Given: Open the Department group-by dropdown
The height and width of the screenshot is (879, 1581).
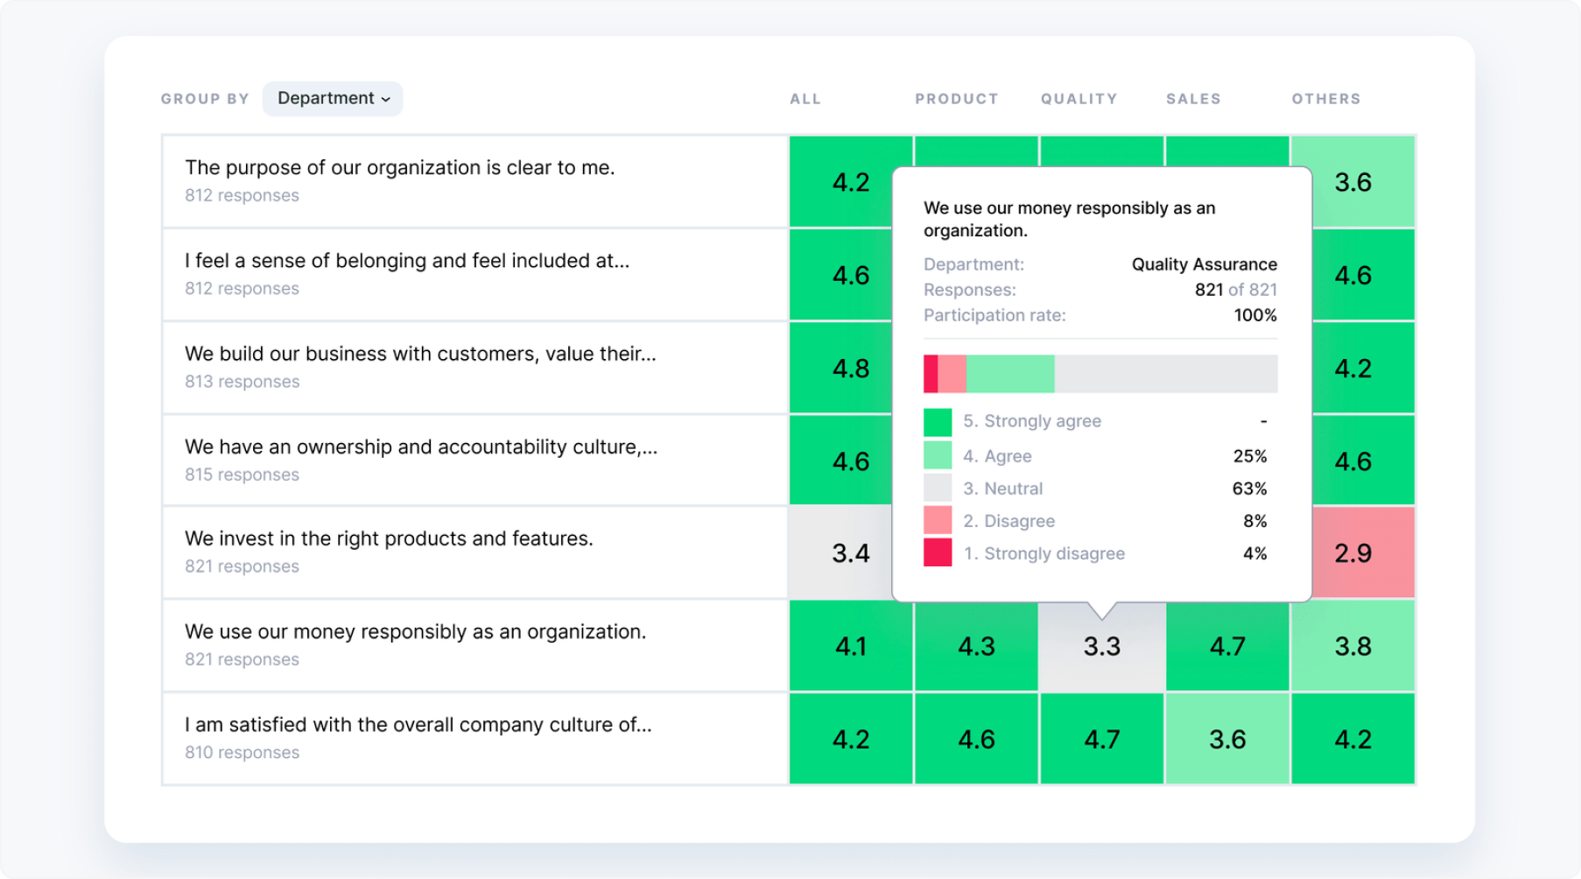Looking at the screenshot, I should [333, 98].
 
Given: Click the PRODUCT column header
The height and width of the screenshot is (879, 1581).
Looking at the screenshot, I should [956, 99].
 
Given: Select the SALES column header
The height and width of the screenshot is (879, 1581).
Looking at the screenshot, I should [1192, 99].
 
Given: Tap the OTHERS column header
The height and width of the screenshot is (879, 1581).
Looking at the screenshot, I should [1325, 99].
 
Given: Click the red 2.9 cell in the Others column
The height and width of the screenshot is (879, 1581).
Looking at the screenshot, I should [1353, 552].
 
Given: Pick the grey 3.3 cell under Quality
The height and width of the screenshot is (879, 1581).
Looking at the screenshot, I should [1101, 646].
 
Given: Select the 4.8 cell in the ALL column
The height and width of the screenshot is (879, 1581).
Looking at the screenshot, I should [850, 368].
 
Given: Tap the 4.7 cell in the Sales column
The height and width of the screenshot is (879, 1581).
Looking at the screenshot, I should [1226, 646].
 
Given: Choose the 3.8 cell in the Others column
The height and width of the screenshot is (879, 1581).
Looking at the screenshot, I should [1353, 646].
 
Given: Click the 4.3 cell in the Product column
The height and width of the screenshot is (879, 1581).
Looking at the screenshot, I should [975, 646].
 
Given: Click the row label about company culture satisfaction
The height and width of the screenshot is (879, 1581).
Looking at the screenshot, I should [418, 725].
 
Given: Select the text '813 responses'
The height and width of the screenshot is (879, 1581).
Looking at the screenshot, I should [242, 382].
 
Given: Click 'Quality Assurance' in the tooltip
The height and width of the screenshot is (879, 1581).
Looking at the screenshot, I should [1204, 264].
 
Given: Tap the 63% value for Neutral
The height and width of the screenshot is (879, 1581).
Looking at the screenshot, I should [1249, 489].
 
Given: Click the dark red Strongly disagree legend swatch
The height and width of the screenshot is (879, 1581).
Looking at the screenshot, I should [938, 552].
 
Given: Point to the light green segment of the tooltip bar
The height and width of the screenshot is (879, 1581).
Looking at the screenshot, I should [1009, 374].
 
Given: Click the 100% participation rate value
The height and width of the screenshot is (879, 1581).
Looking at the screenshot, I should [1254, 315].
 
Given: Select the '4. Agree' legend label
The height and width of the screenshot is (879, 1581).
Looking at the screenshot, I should [997, 456].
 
